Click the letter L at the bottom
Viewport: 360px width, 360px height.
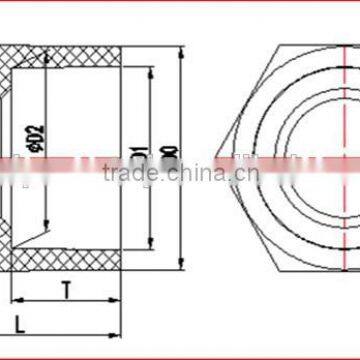click(x=19, y=323)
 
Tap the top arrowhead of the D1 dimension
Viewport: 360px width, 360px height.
click(x=150, y=70)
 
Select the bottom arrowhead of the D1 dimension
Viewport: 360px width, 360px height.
click(x=150, y=243)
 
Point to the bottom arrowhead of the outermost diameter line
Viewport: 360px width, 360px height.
click(x=181, y=269)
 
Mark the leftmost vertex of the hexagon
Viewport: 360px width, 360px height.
click(x=214, y=156)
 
